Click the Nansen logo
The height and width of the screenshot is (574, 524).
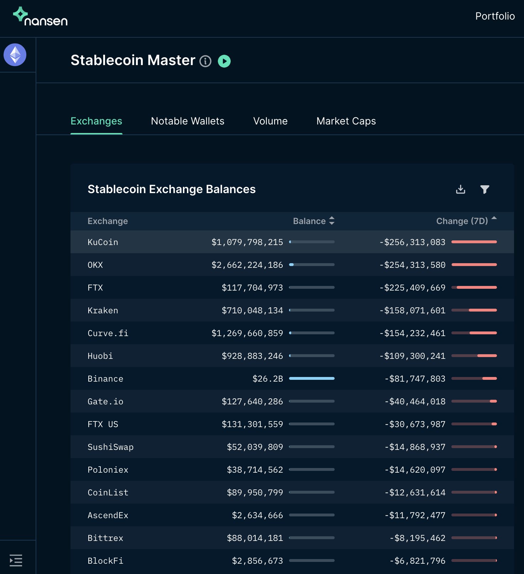click(40, 17)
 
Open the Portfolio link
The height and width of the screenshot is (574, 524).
click(495, 16)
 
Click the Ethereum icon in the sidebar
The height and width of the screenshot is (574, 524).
click(15, 55)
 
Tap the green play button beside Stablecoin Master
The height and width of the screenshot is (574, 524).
click(224, 61)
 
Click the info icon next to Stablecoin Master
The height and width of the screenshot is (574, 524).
click(205, 61)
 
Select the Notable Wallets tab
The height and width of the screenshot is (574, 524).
click(188, 121)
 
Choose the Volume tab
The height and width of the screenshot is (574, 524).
click(270, 121)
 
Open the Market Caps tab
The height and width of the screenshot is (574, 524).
click(346, 121)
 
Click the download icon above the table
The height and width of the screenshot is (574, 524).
click(461, 189)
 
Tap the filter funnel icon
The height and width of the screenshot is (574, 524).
click(484, 189)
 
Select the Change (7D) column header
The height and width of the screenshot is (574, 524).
click(462, 221)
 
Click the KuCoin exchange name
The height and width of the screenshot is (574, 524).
click(103, 242)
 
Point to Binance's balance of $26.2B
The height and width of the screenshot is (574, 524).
click(268, 379)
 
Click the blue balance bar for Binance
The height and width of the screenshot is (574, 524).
click(312, 378)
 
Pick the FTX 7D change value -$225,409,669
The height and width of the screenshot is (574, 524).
click(413, 288)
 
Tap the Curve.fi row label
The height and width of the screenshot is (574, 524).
click(108, 333)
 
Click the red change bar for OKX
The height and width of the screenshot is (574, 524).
click(474, 265)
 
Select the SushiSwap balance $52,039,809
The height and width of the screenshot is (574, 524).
click(255, 447)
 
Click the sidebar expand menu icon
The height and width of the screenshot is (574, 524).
click(16, 560)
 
